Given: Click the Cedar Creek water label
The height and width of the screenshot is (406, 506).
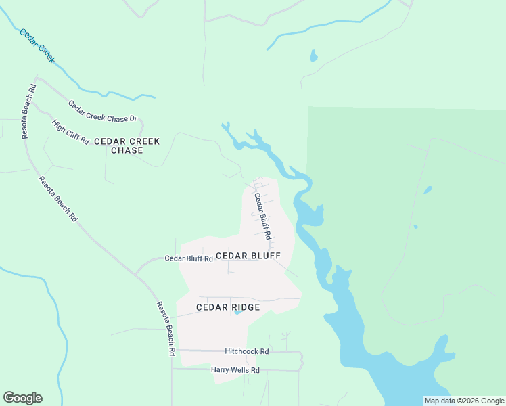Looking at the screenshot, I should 37,46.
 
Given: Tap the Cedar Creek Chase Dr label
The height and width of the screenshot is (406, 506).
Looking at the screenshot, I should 103,112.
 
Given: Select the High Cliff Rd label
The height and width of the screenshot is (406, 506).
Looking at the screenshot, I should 70,132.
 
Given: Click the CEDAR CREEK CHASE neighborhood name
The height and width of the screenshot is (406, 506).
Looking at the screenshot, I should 127,145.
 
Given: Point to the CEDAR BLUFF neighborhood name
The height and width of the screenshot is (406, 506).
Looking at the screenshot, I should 248,256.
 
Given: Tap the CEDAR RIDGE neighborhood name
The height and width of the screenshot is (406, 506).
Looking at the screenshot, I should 228,307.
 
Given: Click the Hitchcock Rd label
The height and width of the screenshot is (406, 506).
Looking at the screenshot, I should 246,352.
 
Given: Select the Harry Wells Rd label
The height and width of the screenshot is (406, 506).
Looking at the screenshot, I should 235,370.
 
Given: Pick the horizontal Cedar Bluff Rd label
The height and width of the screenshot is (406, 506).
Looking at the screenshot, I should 189,258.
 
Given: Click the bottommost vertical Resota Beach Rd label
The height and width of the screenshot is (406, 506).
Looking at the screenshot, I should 166,330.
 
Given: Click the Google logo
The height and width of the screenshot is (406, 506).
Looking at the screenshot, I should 22,398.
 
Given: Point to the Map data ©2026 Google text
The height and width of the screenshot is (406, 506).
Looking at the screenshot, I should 464,401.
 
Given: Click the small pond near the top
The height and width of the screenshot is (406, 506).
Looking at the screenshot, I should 313,55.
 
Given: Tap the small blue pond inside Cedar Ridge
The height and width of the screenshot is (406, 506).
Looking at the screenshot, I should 237,313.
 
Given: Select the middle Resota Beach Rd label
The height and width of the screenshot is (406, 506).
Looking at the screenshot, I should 57,200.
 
